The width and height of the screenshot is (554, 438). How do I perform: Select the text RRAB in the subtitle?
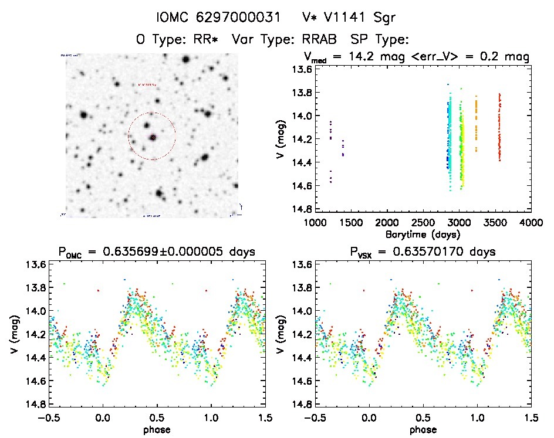point(323,40)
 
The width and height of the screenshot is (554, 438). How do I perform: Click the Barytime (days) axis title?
point(423,234)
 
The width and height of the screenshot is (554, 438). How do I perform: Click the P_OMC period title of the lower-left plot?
point(157,253)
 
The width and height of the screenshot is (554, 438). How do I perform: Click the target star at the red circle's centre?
point(153,137)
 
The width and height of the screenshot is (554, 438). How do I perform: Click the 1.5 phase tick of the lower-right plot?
point(531,417)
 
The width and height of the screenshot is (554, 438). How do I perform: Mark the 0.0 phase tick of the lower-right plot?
point(369,417)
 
